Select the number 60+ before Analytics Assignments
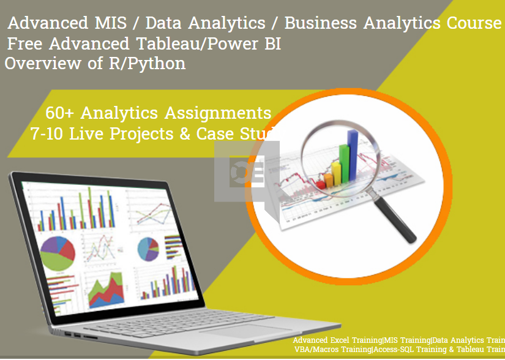(60, 113)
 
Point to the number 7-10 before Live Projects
(48, 133)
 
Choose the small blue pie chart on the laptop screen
(149, 248)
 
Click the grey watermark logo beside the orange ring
(247, 171)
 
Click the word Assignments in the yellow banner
(220, 113)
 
